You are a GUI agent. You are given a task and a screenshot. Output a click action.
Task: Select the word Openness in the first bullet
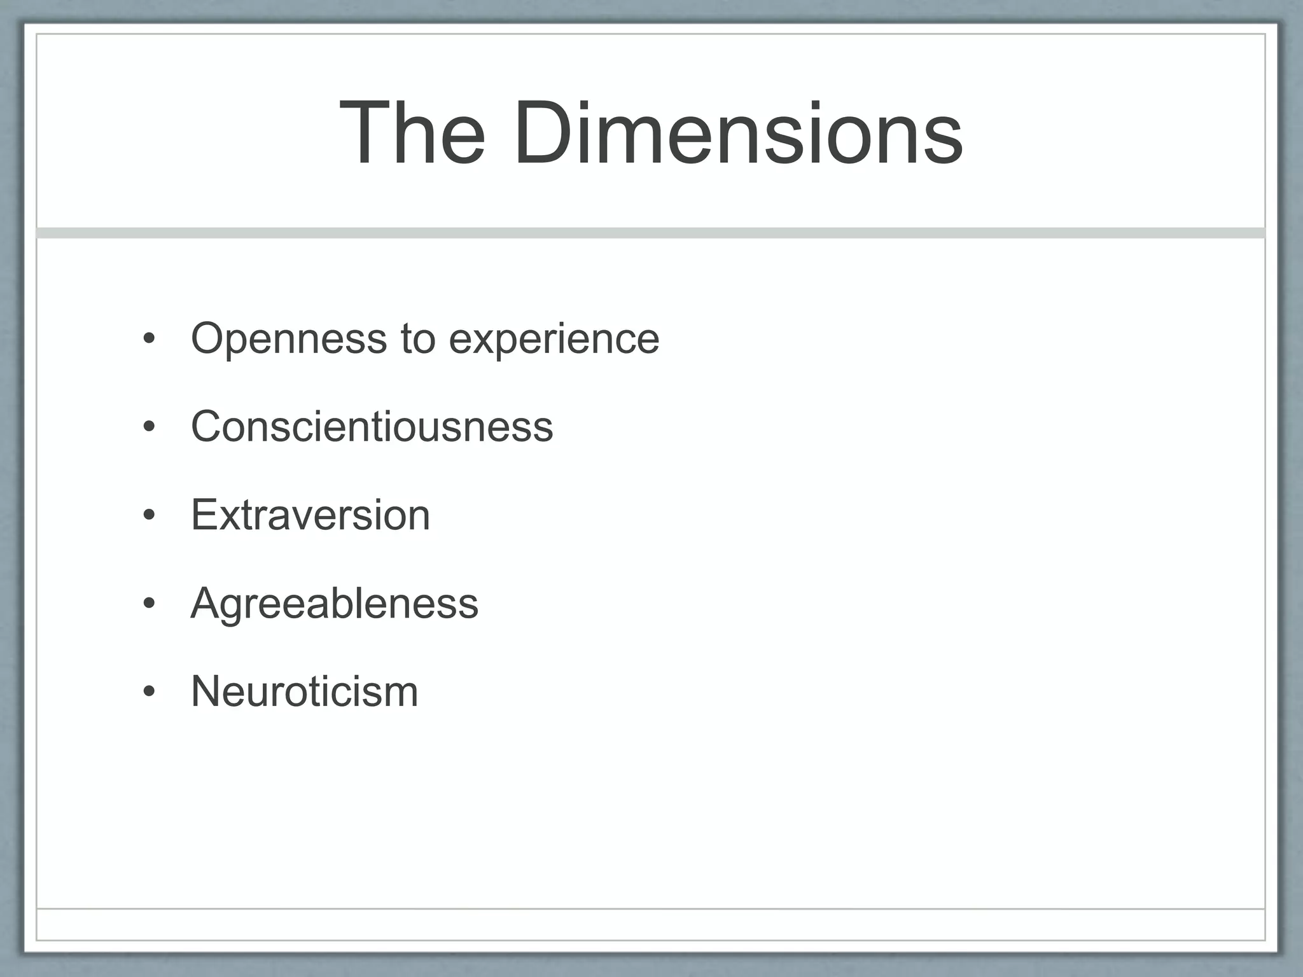(x=289, y=339)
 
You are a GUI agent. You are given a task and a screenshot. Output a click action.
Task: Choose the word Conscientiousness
(x=372, y=426)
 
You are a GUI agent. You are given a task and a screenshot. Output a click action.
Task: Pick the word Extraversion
(x=310, y=515)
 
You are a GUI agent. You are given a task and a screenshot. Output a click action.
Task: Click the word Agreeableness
(x=335, y=604)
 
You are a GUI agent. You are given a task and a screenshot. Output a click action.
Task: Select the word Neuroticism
(x=305, y=691)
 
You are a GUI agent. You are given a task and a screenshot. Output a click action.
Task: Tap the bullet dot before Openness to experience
(x=149, y=340)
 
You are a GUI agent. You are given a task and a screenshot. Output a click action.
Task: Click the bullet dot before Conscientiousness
(x=149, y=427)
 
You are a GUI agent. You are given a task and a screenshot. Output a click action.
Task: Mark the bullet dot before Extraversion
(x=149, y=516)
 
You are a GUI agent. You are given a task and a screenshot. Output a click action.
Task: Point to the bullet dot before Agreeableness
(x=149, y=604)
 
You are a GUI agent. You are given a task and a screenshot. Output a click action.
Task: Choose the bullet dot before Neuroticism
(x=149, y=692)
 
